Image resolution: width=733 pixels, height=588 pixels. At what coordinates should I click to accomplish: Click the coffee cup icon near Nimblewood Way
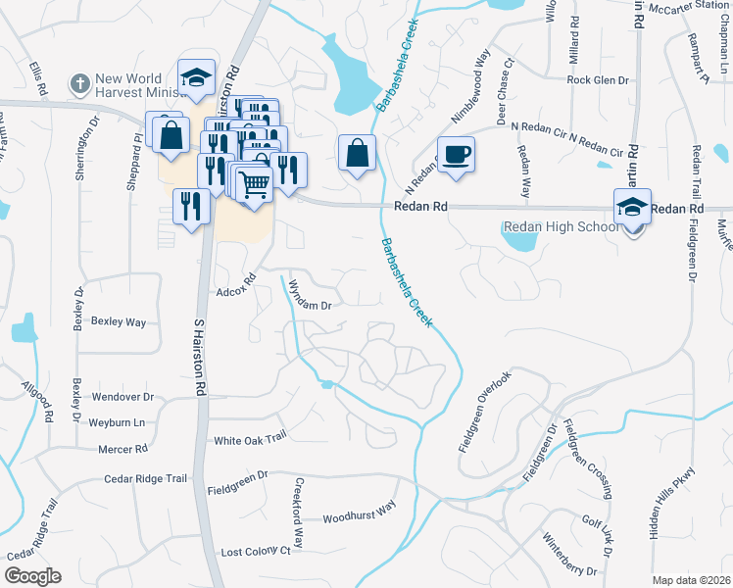(457, 154)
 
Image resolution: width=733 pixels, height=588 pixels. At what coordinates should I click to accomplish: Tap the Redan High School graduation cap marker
(632, 208)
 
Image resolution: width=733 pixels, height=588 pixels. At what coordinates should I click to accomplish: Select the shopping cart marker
(254, 182)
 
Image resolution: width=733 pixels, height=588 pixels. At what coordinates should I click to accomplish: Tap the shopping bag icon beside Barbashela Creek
(357, 153)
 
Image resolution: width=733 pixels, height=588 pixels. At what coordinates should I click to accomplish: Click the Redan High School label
(560, 227)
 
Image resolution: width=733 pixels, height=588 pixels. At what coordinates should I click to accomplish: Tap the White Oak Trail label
(249, 440)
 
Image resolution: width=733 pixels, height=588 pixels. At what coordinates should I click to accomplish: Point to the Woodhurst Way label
(359, 514)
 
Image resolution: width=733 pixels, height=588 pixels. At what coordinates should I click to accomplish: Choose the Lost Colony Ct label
(256, 552)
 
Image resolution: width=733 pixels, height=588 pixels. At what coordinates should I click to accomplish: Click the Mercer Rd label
(122, 449)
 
